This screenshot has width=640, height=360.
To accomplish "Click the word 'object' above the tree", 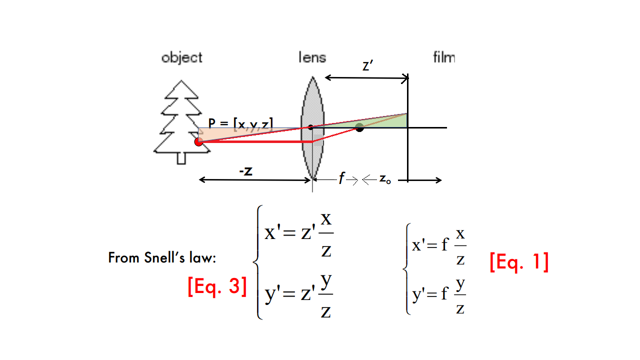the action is coord(182,57).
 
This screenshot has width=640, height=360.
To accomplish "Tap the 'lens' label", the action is coord(312,57).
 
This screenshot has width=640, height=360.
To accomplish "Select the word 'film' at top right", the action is coord(444,57).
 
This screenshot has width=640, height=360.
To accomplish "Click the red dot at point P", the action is coord(198,142).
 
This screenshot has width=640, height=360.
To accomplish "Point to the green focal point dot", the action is coord(359,127).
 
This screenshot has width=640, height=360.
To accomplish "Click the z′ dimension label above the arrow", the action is coord(367,66).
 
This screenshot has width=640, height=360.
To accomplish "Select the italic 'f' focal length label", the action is coord(342,179).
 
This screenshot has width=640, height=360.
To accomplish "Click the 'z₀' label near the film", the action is coord(384,179).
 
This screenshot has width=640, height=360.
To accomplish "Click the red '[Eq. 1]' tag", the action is coord(519,262).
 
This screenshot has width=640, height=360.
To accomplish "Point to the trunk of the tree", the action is coord(182,157).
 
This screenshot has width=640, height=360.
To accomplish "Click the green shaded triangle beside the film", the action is coord(395,121).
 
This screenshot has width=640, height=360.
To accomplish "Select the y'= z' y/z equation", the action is coord(299,296).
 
